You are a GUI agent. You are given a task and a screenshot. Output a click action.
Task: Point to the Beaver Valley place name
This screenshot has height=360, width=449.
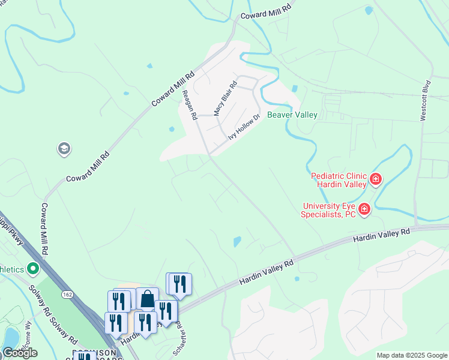(292, 115)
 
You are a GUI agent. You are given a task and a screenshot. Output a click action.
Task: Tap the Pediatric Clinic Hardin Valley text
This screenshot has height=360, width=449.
(339, 180)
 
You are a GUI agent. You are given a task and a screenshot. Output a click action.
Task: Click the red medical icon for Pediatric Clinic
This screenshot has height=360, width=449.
(376, 178)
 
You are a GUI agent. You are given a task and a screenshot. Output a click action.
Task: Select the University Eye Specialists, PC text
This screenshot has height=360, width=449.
(330, 209)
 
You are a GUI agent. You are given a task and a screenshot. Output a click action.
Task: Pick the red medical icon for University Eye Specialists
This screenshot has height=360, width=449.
(364, 209)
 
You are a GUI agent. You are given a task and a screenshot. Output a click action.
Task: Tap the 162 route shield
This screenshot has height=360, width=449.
(67, 294)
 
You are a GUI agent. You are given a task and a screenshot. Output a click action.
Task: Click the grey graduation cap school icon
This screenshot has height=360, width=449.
(64, 148)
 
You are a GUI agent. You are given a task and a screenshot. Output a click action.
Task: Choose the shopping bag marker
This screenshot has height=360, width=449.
(147, 299)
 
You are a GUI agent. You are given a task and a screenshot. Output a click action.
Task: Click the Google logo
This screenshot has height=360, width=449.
(20, 353)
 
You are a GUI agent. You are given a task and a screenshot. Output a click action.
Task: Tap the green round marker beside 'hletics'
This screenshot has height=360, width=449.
(34, 268)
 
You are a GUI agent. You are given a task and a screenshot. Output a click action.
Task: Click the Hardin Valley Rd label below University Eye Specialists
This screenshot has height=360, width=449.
(381, 235)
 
